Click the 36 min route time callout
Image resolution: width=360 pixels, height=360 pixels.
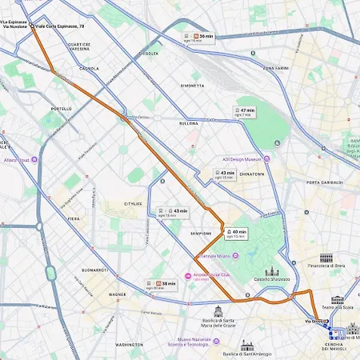point(198,36)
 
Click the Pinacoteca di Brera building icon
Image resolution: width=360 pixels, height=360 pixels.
point(326,258)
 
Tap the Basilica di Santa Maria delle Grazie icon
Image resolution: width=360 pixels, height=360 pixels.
point(218,310)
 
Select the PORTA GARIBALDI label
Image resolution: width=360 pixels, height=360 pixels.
point(323,182)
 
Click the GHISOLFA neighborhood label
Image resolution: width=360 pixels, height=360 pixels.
point(148,54)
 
